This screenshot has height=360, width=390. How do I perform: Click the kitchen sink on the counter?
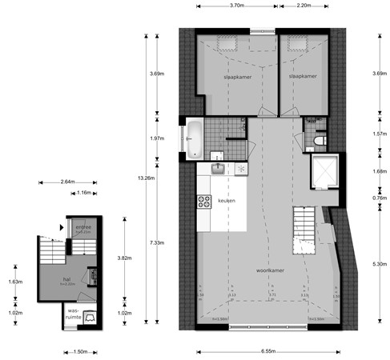[x=219, y=169]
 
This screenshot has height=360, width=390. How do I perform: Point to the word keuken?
[x=227, y=200]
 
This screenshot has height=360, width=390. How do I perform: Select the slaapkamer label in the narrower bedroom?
[x=304, y=76]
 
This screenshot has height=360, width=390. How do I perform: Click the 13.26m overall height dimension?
[x=147, y=178]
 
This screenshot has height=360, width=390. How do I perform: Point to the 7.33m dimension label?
[x=158, y=243]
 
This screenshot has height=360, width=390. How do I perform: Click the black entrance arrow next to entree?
[x=61, y=226]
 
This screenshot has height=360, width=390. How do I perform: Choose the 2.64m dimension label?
[x=67, y=182]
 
